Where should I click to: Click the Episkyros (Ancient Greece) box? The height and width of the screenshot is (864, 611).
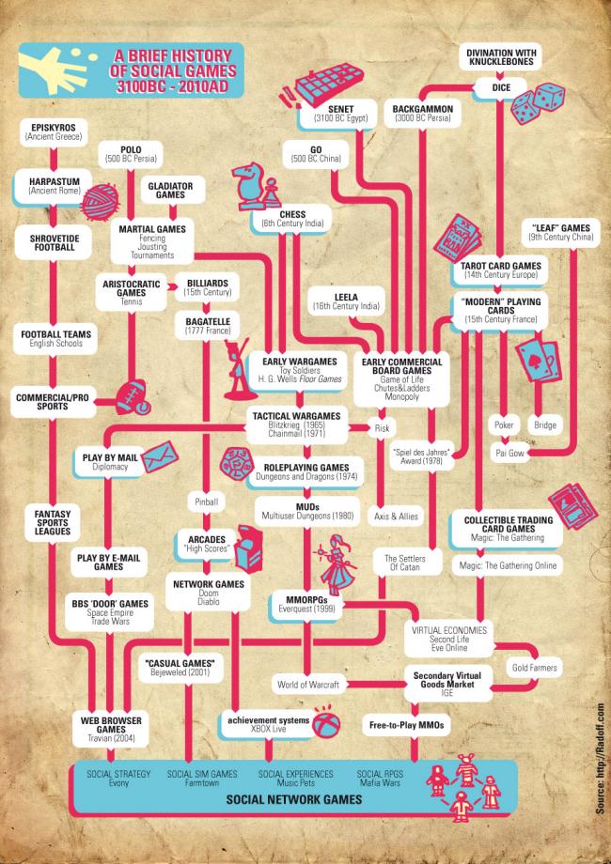coord(54,131)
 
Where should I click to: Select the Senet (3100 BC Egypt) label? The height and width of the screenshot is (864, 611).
coord(340,114)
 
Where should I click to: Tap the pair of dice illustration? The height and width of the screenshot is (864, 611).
coord(537,102)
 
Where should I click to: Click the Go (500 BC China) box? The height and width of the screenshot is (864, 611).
coord(316,154)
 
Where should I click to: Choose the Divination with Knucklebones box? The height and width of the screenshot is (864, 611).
coord(501,57)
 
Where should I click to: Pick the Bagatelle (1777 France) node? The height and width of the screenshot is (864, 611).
coord(208,326)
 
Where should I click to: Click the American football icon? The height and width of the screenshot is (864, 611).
coord(133,396)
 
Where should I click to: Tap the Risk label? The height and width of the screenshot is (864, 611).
coord(382,428)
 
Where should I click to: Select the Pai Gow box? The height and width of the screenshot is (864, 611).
coord(509,453)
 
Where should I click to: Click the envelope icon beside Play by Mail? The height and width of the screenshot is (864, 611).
coord(160,457)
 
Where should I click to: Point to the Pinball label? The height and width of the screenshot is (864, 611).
coord(206,502)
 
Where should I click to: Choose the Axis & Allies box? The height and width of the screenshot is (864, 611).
coord(396,517)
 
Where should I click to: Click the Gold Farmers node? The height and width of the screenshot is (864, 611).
coord(534,668)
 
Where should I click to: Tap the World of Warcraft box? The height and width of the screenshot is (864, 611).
coord(308,685)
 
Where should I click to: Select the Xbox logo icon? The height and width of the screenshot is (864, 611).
coord(326,722)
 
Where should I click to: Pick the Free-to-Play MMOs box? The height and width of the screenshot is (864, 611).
coord(406,725)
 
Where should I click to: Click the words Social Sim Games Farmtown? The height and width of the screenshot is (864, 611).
coord(202,779)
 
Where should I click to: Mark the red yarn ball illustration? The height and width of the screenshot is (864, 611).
coord(100,202)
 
